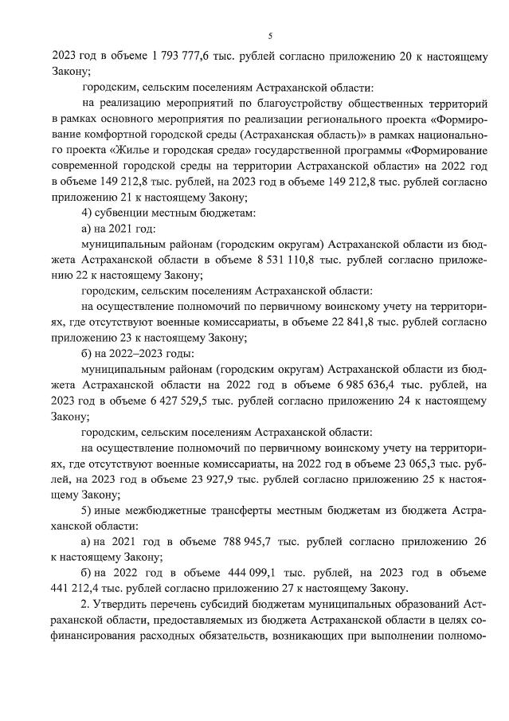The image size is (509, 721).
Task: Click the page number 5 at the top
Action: pos(270,36)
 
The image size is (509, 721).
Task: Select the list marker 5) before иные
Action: pos(88,510)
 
